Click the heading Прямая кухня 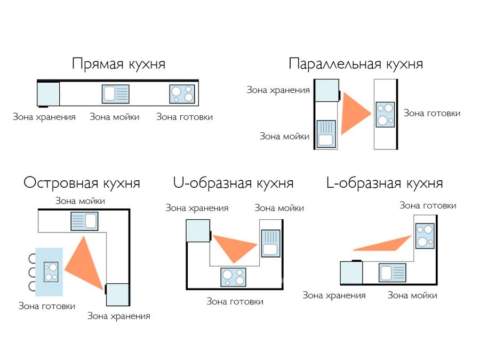119,65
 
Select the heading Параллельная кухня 356,64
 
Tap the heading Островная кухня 82,183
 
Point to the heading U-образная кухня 233,183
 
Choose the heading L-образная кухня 385,183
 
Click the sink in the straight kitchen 115,94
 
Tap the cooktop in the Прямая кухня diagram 182,94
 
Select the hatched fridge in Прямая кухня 49,94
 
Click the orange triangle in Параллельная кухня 355,114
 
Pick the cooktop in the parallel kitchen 385,115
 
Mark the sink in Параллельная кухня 326,134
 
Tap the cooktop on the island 51,272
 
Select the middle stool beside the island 32,272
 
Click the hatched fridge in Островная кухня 117,295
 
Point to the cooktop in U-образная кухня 233,277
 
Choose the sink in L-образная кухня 393,273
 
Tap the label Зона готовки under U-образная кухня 235,301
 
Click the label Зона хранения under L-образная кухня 334,295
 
